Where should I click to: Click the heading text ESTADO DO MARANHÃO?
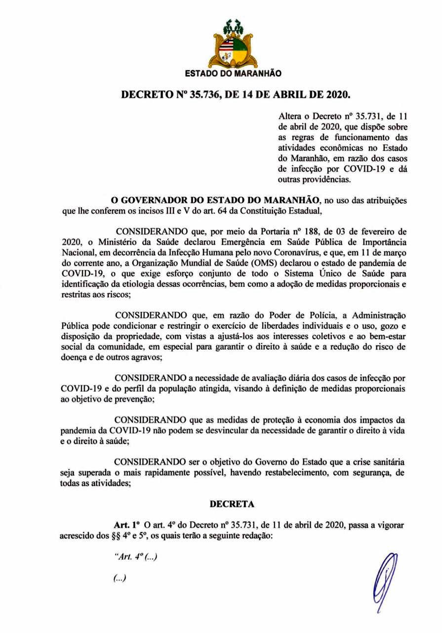coord(233,74)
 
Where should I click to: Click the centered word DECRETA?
coord(232,504)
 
